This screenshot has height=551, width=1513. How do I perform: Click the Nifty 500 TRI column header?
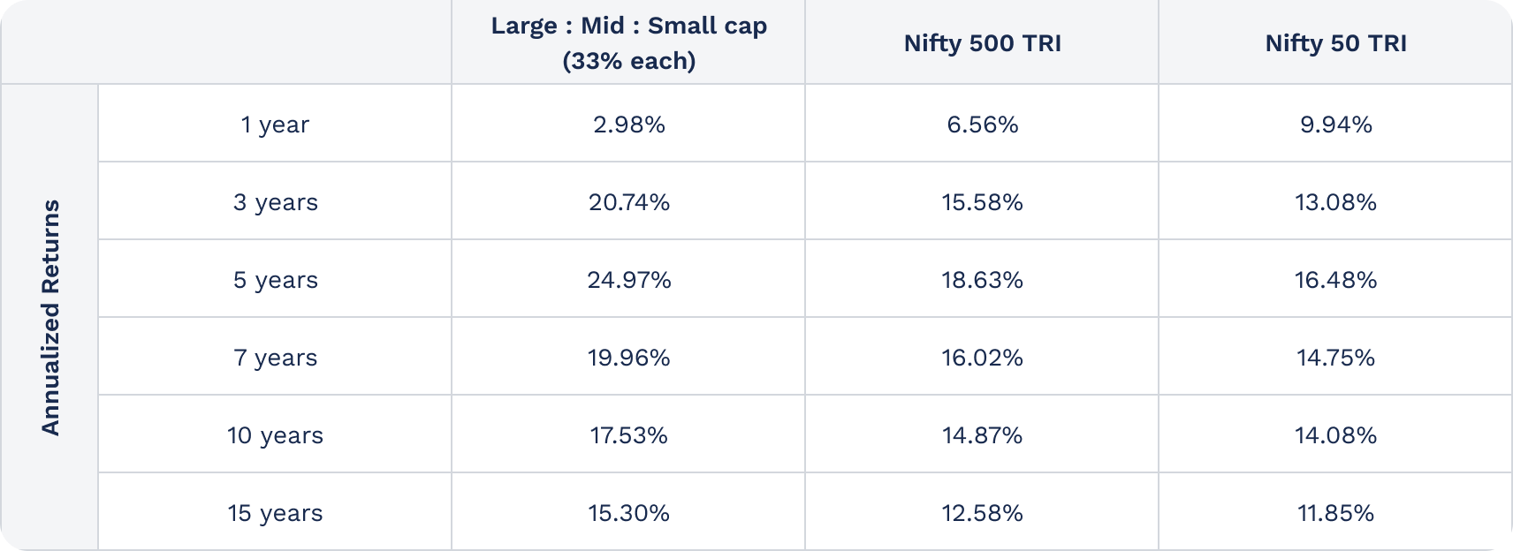(x=982, y=43)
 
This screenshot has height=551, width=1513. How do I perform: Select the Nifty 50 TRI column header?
(x=1335, y=43)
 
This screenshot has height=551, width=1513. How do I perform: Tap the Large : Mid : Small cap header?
(x=628, y=42)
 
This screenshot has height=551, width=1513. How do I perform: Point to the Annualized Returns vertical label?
(x=50, y=317)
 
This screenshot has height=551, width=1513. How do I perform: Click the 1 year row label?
(x=275, y=125)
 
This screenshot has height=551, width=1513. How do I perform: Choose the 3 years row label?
(x=275, y=202)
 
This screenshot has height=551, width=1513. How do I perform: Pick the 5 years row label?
(x=275, y=280)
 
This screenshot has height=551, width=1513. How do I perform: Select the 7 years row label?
(x=275, y=358)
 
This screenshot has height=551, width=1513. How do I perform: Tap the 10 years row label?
(x=275, y=435)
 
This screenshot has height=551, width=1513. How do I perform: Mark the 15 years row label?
(x=275, y=513)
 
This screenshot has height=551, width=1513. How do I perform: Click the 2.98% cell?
(x=628, y=125)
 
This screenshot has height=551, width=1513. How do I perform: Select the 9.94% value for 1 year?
(x=1335, y=125)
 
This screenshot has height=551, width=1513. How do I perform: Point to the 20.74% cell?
(x=628, y=202)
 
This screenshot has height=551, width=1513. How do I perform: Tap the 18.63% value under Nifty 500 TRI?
(x=982, y=280)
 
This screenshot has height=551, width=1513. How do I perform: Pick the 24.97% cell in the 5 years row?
(x=628, y=280)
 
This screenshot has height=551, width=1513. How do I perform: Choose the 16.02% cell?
(x=982, y=358)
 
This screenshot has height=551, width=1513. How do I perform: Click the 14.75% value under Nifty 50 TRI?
(x=1335, y=358)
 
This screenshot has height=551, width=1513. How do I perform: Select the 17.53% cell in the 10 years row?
(x=628, y=435)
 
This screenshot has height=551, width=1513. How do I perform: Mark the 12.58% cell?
(x=982, y=513)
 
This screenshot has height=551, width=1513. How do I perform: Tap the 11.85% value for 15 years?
(x=1335, y=513)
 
